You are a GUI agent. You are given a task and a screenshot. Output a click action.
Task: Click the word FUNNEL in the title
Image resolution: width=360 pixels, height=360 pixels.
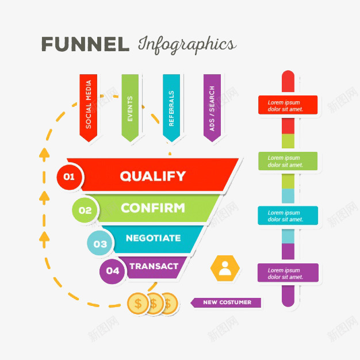[x=85, y=44]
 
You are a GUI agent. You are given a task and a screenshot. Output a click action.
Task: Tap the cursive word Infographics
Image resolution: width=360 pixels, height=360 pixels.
[x=186, y=45]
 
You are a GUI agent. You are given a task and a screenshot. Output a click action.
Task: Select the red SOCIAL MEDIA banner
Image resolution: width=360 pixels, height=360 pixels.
[x=89, y=107]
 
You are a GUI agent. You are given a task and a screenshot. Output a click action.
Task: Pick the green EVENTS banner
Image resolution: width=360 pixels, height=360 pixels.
[x=130, y=107]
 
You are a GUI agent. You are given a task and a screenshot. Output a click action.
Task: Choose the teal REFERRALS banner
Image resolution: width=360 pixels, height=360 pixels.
[x=171, y=107]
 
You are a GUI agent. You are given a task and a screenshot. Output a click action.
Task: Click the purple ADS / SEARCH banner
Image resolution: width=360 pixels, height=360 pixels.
[x=212, y=107]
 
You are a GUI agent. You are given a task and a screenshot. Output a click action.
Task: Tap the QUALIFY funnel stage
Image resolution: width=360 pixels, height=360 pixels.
[x=153, y=176]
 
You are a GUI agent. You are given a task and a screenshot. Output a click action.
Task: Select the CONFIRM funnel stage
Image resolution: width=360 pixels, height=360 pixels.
[x=153, y=208]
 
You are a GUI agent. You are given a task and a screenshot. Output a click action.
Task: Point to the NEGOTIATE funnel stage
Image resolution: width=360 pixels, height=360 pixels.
[x=153, y=238]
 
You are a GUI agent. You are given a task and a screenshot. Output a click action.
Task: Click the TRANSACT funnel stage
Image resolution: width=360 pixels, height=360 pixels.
[x=154, y=266]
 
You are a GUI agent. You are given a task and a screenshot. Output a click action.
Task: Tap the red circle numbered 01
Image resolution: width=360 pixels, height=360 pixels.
[x=70, y=177]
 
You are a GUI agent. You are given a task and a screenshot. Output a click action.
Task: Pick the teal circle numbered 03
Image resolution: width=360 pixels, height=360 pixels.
[x=101, y=244]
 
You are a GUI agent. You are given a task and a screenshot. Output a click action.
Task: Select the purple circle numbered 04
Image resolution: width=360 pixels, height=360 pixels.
[x=113, y=271]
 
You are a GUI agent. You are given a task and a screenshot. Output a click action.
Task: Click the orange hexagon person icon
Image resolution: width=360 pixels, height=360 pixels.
[x=224, y=268]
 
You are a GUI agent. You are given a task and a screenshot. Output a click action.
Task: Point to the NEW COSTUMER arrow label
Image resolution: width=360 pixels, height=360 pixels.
[x=225, y=302]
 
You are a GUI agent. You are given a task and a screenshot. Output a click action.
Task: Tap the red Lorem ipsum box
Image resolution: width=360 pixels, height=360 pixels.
[x=288, y=105]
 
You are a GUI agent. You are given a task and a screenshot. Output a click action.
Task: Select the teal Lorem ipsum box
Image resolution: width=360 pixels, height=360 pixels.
[x=288, y=216]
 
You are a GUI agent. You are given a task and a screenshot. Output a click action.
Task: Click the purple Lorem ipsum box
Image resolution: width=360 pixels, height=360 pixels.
[x=288, y=273]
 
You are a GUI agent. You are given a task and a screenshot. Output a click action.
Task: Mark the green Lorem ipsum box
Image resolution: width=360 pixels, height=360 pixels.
[x=288, y=161]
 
